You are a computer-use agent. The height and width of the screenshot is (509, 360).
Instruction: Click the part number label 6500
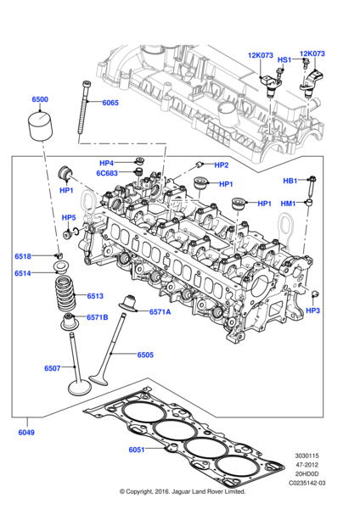tap(40, 99)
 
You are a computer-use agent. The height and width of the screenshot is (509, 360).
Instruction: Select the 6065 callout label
tap(110, 103)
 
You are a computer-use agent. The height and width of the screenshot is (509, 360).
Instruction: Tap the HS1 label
tap(284, 60)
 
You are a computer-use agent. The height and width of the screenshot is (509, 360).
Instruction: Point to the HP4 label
tap(106, 163)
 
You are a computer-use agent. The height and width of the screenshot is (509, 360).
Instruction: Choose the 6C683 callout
tap(108, 173)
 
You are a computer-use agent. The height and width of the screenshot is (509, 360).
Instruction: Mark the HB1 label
tap(290, 181)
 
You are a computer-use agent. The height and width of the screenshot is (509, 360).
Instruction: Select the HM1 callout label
tap(289, 204)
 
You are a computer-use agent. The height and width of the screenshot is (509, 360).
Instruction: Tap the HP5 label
tap(69, 218)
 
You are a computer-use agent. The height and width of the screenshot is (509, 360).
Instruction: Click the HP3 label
tap(312, 311)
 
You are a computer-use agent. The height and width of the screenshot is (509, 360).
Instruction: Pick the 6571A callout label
tap(160, 312)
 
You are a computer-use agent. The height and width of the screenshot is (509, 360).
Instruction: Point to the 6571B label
tap(96, 317)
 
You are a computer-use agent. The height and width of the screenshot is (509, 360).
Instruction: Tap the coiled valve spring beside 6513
tap(65, 298)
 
